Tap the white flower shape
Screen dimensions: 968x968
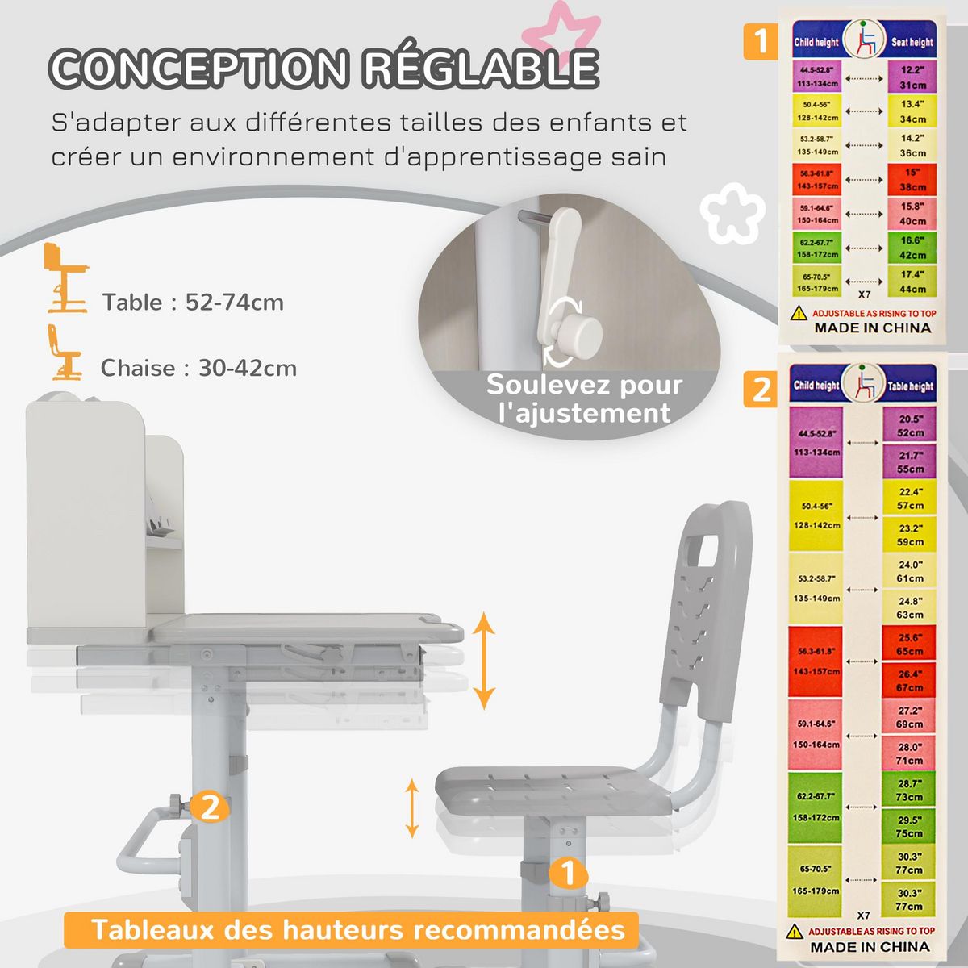click(x=732, y=212)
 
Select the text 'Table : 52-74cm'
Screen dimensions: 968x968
click(x=193, y=302)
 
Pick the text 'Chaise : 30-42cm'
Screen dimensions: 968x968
click(x=198, y=368)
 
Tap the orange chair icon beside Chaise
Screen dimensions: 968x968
click(x=63, y=353)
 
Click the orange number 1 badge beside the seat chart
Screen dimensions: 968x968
click(x=761, y=40)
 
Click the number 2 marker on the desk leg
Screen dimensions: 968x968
click(x=209, y=806)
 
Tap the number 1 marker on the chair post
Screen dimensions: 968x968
click(x=568, y=872)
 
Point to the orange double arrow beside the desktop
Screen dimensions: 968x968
click(x=483, y=661)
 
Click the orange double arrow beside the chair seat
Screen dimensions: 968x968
click(x=412, y=807)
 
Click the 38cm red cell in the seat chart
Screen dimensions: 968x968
click(x=912, y=179)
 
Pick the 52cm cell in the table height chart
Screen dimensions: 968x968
click(x=910, y=426)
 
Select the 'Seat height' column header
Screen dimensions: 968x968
click(x=912, y=42)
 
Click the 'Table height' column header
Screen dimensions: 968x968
click(x=910, y=386)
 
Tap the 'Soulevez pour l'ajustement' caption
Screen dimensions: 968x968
click(x=584, y=398)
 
